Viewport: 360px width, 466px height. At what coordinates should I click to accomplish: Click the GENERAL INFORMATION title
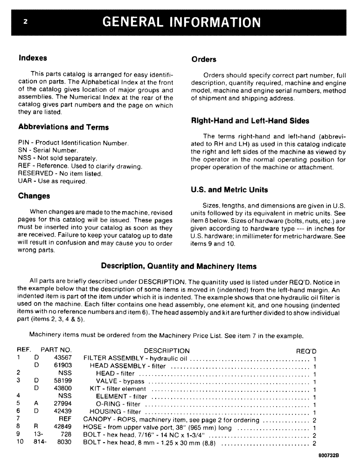[x=181, y=22]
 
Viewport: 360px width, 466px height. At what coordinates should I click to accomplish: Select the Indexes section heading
[x=33, y=58]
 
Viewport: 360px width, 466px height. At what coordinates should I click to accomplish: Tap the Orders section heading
[x=204, y=59]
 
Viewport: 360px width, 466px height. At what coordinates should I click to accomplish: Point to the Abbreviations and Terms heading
[x=63, y=127]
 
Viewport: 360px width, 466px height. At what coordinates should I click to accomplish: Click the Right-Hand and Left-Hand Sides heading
[x=250, y=121]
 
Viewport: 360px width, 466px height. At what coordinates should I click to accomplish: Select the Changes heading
[x=34, y=196]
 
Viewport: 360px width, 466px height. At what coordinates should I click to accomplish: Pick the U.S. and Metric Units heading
[x=229, y=190]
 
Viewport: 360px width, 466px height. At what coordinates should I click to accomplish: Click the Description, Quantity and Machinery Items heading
[x=179, y=266]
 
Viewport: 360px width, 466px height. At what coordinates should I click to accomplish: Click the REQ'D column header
[x=306, y=350]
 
